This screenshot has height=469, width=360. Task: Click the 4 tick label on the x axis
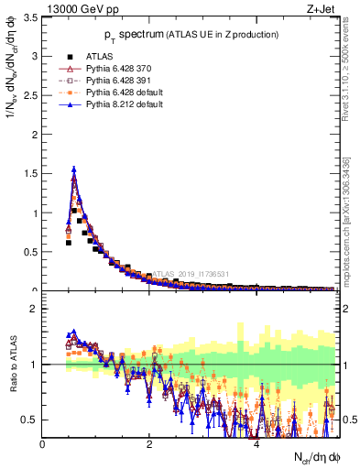click(x=256, y=444)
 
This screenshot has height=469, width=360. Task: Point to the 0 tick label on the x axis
click(x=43, y=444)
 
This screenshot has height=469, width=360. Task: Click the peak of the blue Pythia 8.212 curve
click(x=73, y=169)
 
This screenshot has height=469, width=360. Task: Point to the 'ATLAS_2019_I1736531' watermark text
click(x=192, y=273)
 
